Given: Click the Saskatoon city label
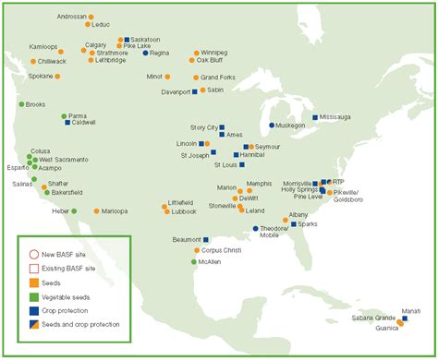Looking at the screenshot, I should pyautogui.click(x=146, y=40).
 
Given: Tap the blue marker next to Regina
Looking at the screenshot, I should pyautogui.click(x=146, y=54).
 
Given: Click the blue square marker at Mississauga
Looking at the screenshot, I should pyautogui.click(x=316, y=117).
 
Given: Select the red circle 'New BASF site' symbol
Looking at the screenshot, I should pyautogui.click(x=33, y=254).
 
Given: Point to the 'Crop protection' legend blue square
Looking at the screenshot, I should pyautogui.click(x=33, y=312).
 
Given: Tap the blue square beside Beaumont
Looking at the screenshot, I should pyautogui.click(x=194, y=240).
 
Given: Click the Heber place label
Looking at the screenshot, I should pyautogui.click(x=60, y=211).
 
